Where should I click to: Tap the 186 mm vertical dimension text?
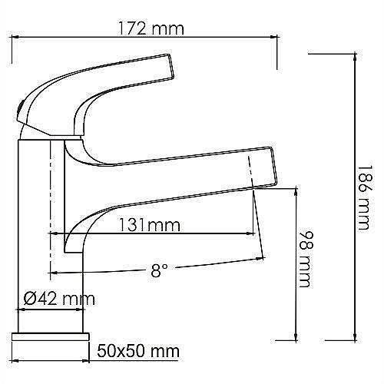(367, 201)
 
